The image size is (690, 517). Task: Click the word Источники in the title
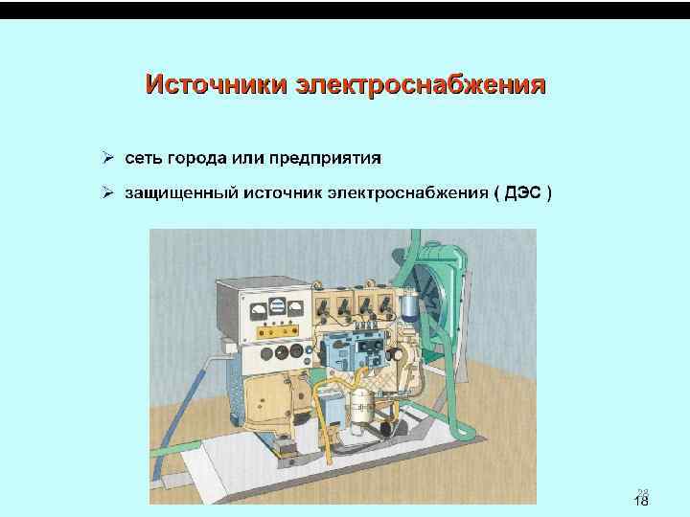(217, 84)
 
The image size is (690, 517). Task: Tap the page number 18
(641, 503)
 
